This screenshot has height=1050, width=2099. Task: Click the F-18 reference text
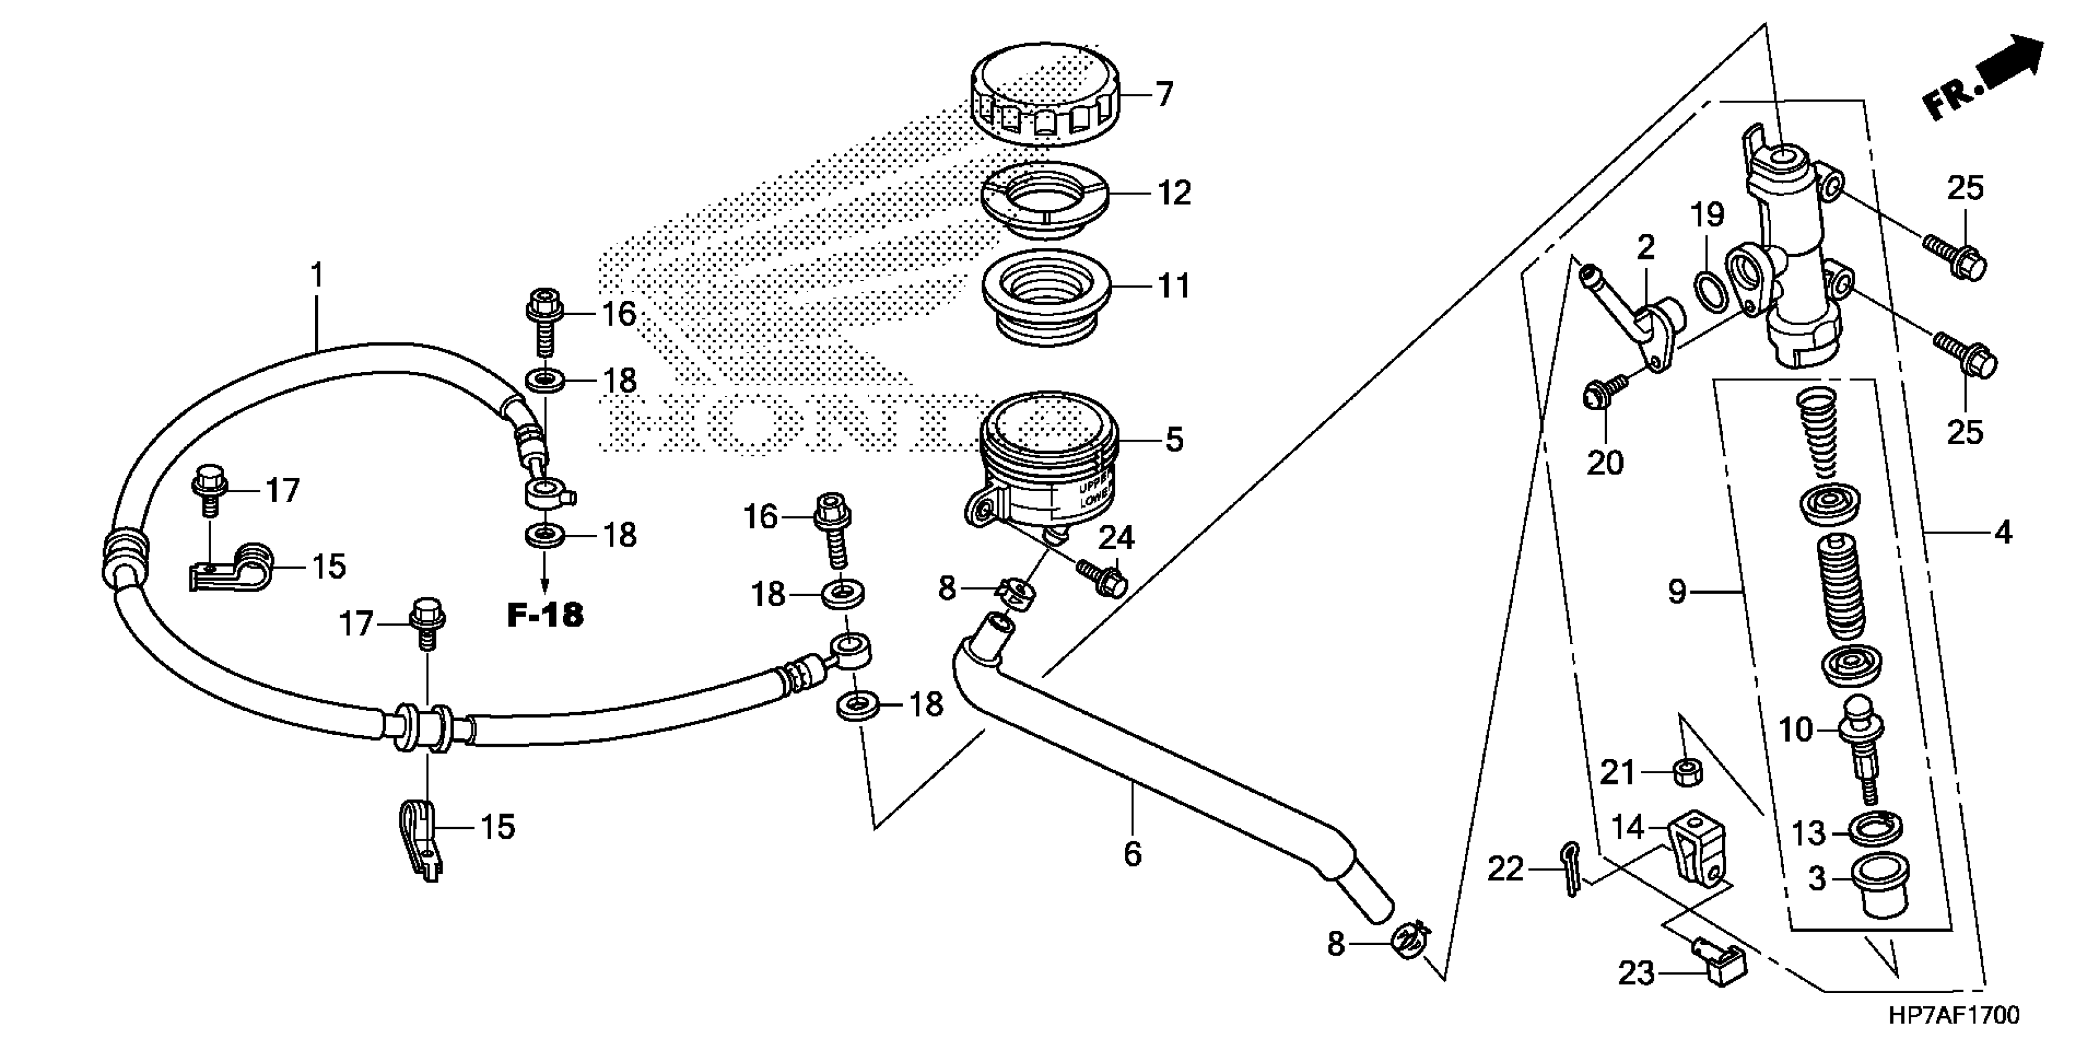545,616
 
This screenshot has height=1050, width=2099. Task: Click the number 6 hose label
1133,854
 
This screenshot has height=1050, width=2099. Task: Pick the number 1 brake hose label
318,275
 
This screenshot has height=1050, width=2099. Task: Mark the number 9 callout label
1676,591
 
